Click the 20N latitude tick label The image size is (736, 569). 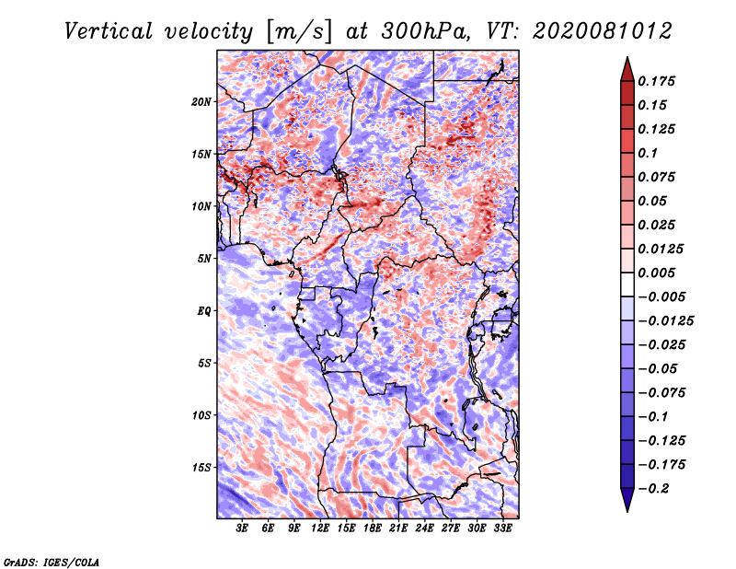pyautogui.click(x=201, y=102)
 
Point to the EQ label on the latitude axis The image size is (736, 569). pyautogui.click(x=203, y=311)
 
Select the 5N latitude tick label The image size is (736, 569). pyautogui.click(x=204, y=259)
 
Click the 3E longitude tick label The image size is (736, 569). pyautogui.click(x=242, y=528)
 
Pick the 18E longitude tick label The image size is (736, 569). pyautogui.click(x=373, y=528)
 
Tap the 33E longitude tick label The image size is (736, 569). pyautogui.click(x=502, y=528)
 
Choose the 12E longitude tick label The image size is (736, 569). pyautogui.click(x=320, y=528)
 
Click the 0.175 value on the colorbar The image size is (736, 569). pyautogui.click(x=656, y=81)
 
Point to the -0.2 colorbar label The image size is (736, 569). pyautogui.click(x=653, y=489)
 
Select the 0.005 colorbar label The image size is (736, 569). pyautogui.click(x=656, y=273)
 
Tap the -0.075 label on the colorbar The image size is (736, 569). pyautogui.click(x=661, y=393)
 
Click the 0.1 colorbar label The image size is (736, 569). pyautogui.click(x=648, y=153)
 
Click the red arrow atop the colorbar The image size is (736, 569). pyautogui.click(x=627, y=70)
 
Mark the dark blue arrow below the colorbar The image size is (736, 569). pyautogui.click(x=627, y=500)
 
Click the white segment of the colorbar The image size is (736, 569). pyautogui.click(x=627, y=284)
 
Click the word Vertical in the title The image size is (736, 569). pyautogui.click(x=109, y=31)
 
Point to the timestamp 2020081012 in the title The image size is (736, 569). pyautogui.click(x=603, y=31)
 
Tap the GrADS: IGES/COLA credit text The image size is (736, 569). pyautogui.click(x=52, y=563)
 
